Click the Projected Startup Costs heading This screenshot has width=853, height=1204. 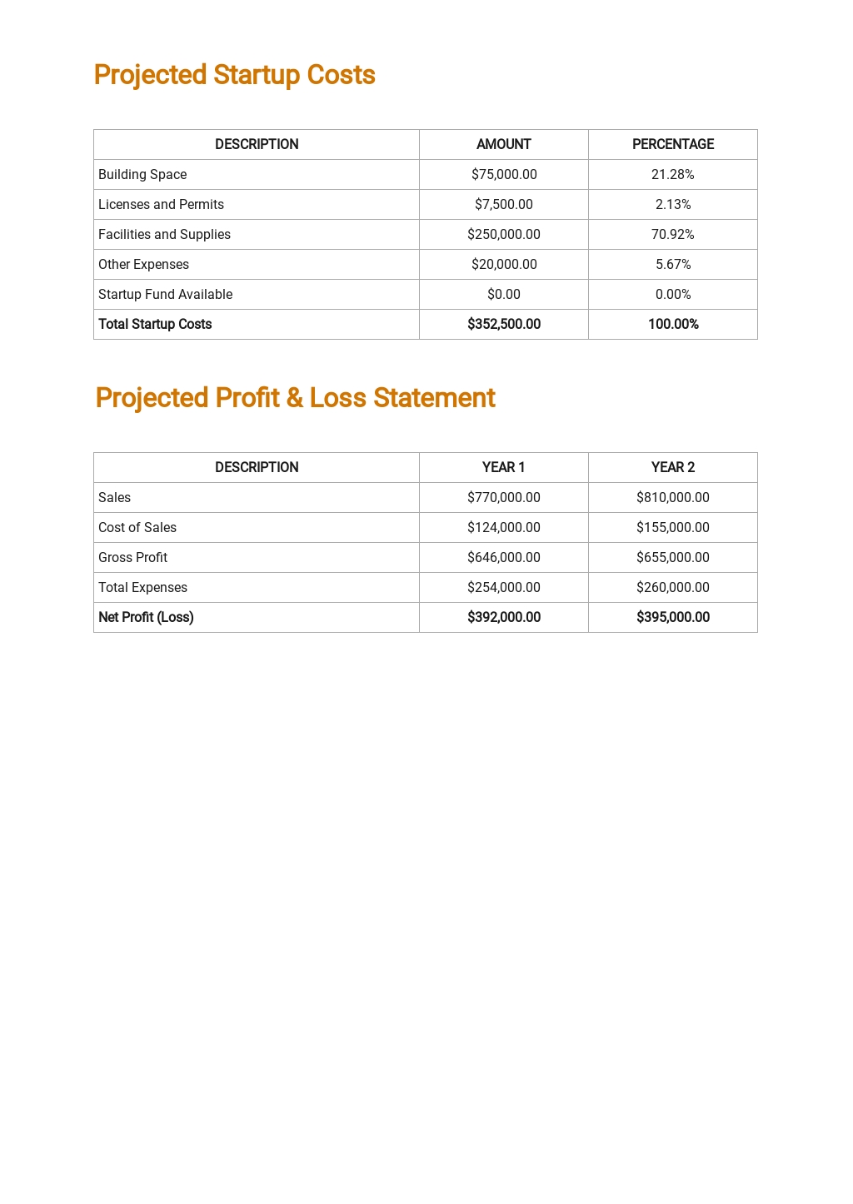coord(234,75)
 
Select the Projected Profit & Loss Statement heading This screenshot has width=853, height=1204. coord(295,398)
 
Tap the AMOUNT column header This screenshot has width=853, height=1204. coord(503,144)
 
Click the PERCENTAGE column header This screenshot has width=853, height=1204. coord(672,144)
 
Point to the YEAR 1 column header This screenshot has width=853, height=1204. coord(503,467)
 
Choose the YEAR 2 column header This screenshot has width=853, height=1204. coord(672,467)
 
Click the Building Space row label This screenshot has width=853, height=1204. coord(142,174)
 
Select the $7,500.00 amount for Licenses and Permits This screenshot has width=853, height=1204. coord(503,204)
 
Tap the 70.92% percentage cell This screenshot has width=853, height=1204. coord(672,234)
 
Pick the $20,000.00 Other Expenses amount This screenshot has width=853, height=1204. coord(503,264)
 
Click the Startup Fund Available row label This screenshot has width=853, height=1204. coord(165,294)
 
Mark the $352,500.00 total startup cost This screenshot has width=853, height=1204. coord(503,324)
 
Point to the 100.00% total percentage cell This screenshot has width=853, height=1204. coord(672,324)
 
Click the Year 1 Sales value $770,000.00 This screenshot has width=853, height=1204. coord(503,497)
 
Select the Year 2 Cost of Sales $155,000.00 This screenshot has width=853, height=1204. coord(672,527)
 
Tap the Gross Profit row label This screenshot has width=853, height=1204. coord(132,557)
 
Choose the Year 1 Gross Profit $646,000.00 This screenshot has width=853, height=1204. coord(503,557)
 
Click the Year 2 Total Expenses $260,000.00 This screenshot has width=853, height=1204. coord(672,587)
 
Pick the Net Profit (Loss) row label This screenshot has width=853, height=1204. coord(146,617)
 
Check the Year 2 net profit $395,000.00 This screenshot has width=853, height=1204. coord(672,617)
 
